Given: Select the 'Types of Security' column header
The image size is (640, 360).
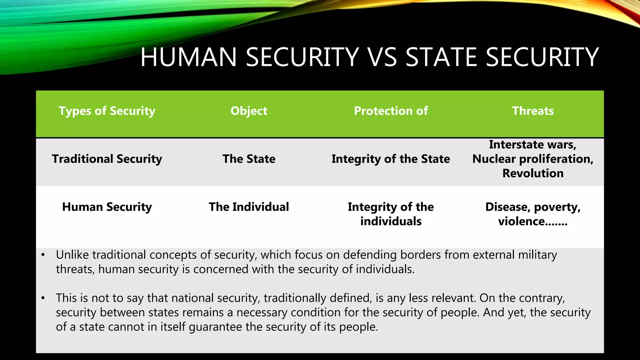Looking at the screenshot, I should (x=107, y=111).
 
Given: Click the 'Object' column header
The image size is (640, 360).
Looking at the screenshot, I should (x=249, y=111).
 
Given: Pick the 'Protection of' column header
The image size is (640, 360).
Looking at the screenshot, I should (x=391, y=111).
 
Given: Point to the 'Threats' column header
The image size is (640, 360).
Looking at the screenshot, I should (x=533, y=111).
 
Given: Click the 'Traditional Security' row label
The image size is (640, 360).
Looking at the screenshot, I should (x=107, y=159).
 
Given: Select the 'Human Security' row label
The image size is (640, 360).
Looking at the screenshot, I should (x=107, y=207).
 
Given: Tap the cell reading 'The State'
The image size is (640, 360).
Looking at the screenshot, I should (x=249, y=159).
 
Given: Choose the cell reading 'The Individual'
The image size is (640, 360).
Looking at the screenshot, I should (x=249, y=207).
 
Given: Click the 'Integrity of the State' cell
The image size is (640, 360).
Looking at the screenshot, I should (x=391, y=159).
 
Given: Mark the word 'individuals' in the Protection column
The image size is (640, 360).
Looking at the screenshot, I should (x=391, y=222).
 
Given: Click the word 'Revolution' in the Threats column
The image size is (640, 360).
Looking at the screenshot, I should (x=533, y=173).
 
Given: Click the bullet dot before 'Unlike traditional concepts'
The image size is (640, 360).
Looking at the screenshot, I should (x=43, y=255).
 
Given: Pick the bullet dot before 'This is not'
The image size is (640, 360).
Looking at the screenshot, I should (x=43, y=298).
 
